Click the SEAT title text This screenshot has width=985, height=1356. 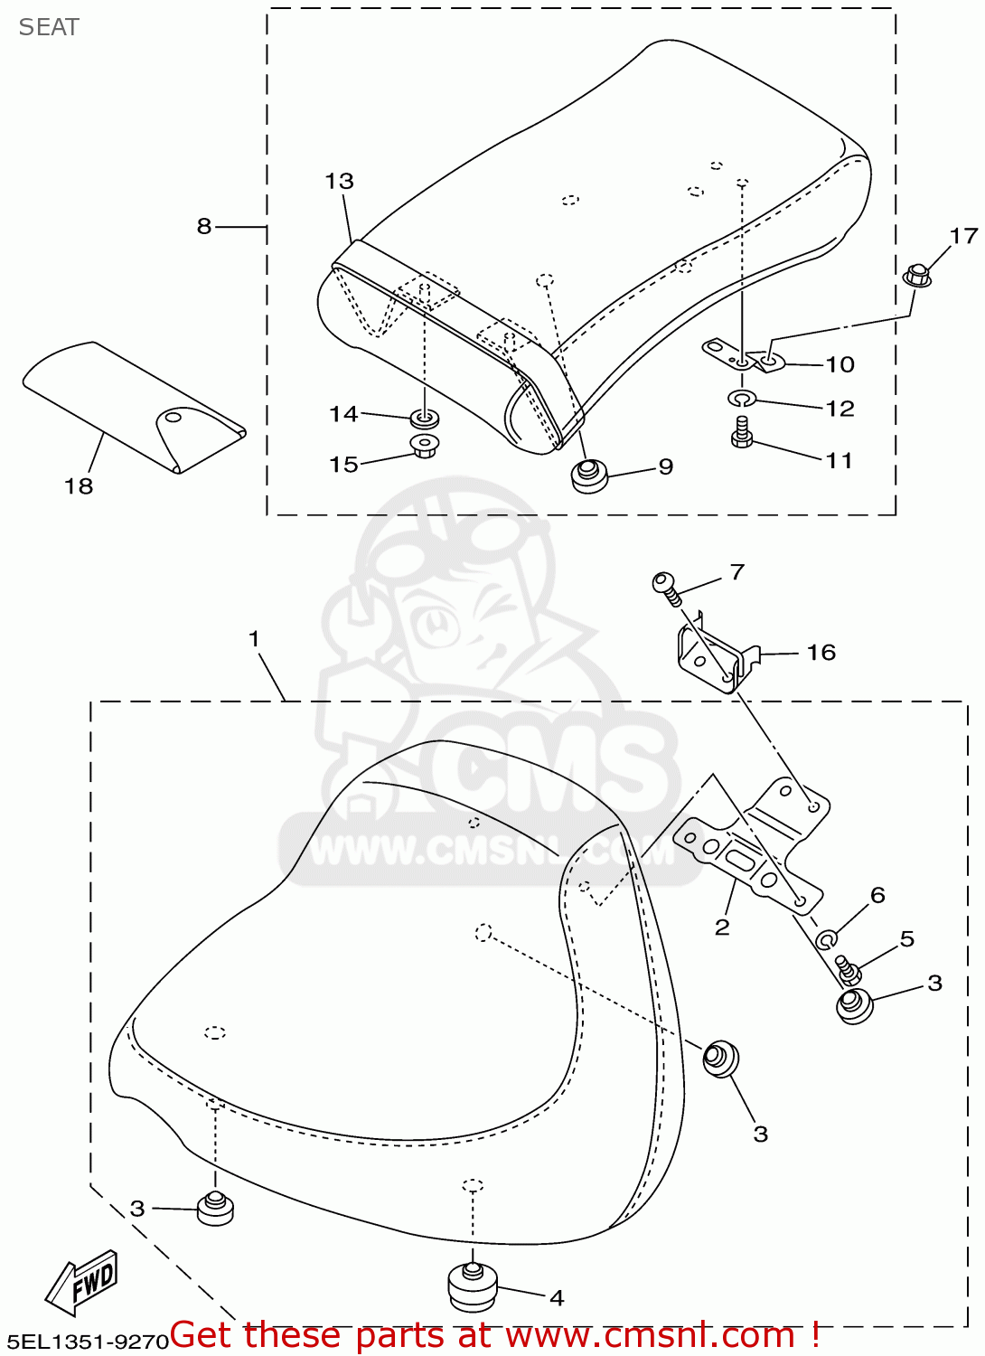(x=49, y=27)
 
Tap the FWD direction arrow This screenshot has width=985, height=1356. (x=82, y=1283)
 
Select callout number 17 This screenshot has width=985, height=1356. (x=963, y=236)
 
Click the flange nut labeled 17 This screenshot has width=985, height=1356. (x=917, y=274)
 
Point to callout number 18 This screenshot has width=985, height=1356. (x=79, y=486)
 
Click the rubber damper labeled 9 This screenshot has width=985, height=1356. (x=589, y=475)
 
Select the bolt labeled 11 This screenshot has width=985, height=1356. (x=742, y=432)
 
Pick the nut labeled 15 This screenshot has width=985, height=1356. (x=422, y=445)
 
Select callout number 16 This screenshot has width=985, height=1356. (x=821, y=653)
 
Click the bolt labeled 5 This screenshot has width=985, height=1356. (x=848, y=969)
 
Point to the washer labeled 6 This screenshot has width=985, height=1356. (x=825, y=940)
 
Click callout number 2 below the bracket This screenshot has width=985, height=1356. (x=721, y=928)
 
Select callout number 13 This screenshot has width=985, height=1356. (x=339, y=182)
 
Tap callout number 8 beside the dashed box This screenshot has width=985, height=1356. (x=204, y=226)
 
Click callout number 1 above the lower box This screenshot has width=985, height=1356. (x=254, y=639)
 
